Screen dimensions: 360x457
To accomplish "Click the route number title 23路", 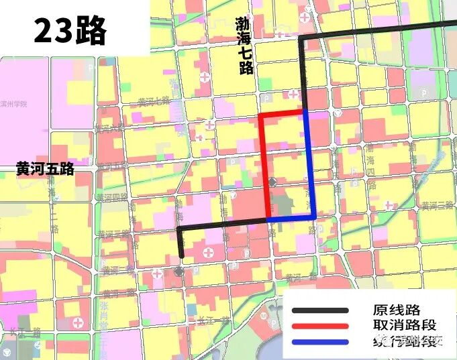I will point(70,30).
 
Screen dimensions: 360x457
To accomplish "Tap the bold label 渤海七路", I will point(244,46).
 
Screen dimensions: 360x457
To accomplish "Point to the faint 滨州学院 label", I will point(14,105).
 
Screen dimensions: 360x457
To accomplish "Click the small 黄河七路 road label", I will point(154,101).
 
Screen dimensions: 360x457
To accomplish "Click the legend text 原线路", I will point(396,310).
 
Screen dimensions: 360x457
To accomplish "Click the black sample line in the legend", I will point(320,310).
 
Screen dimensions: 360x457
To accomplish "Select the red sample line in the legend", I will point(320,326).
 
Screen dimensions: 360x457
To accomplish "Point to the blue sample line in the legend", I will point(320,343).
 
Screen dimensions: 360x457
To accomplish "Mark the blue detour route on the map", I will point(311,168).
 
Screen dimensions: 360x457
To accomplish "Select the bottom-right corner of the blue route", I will point(314,218).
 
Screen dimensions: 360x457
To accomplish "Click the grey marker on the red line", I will point(272,182).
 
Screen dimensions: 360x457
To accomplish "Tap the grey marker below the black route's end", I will point(179,272).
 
